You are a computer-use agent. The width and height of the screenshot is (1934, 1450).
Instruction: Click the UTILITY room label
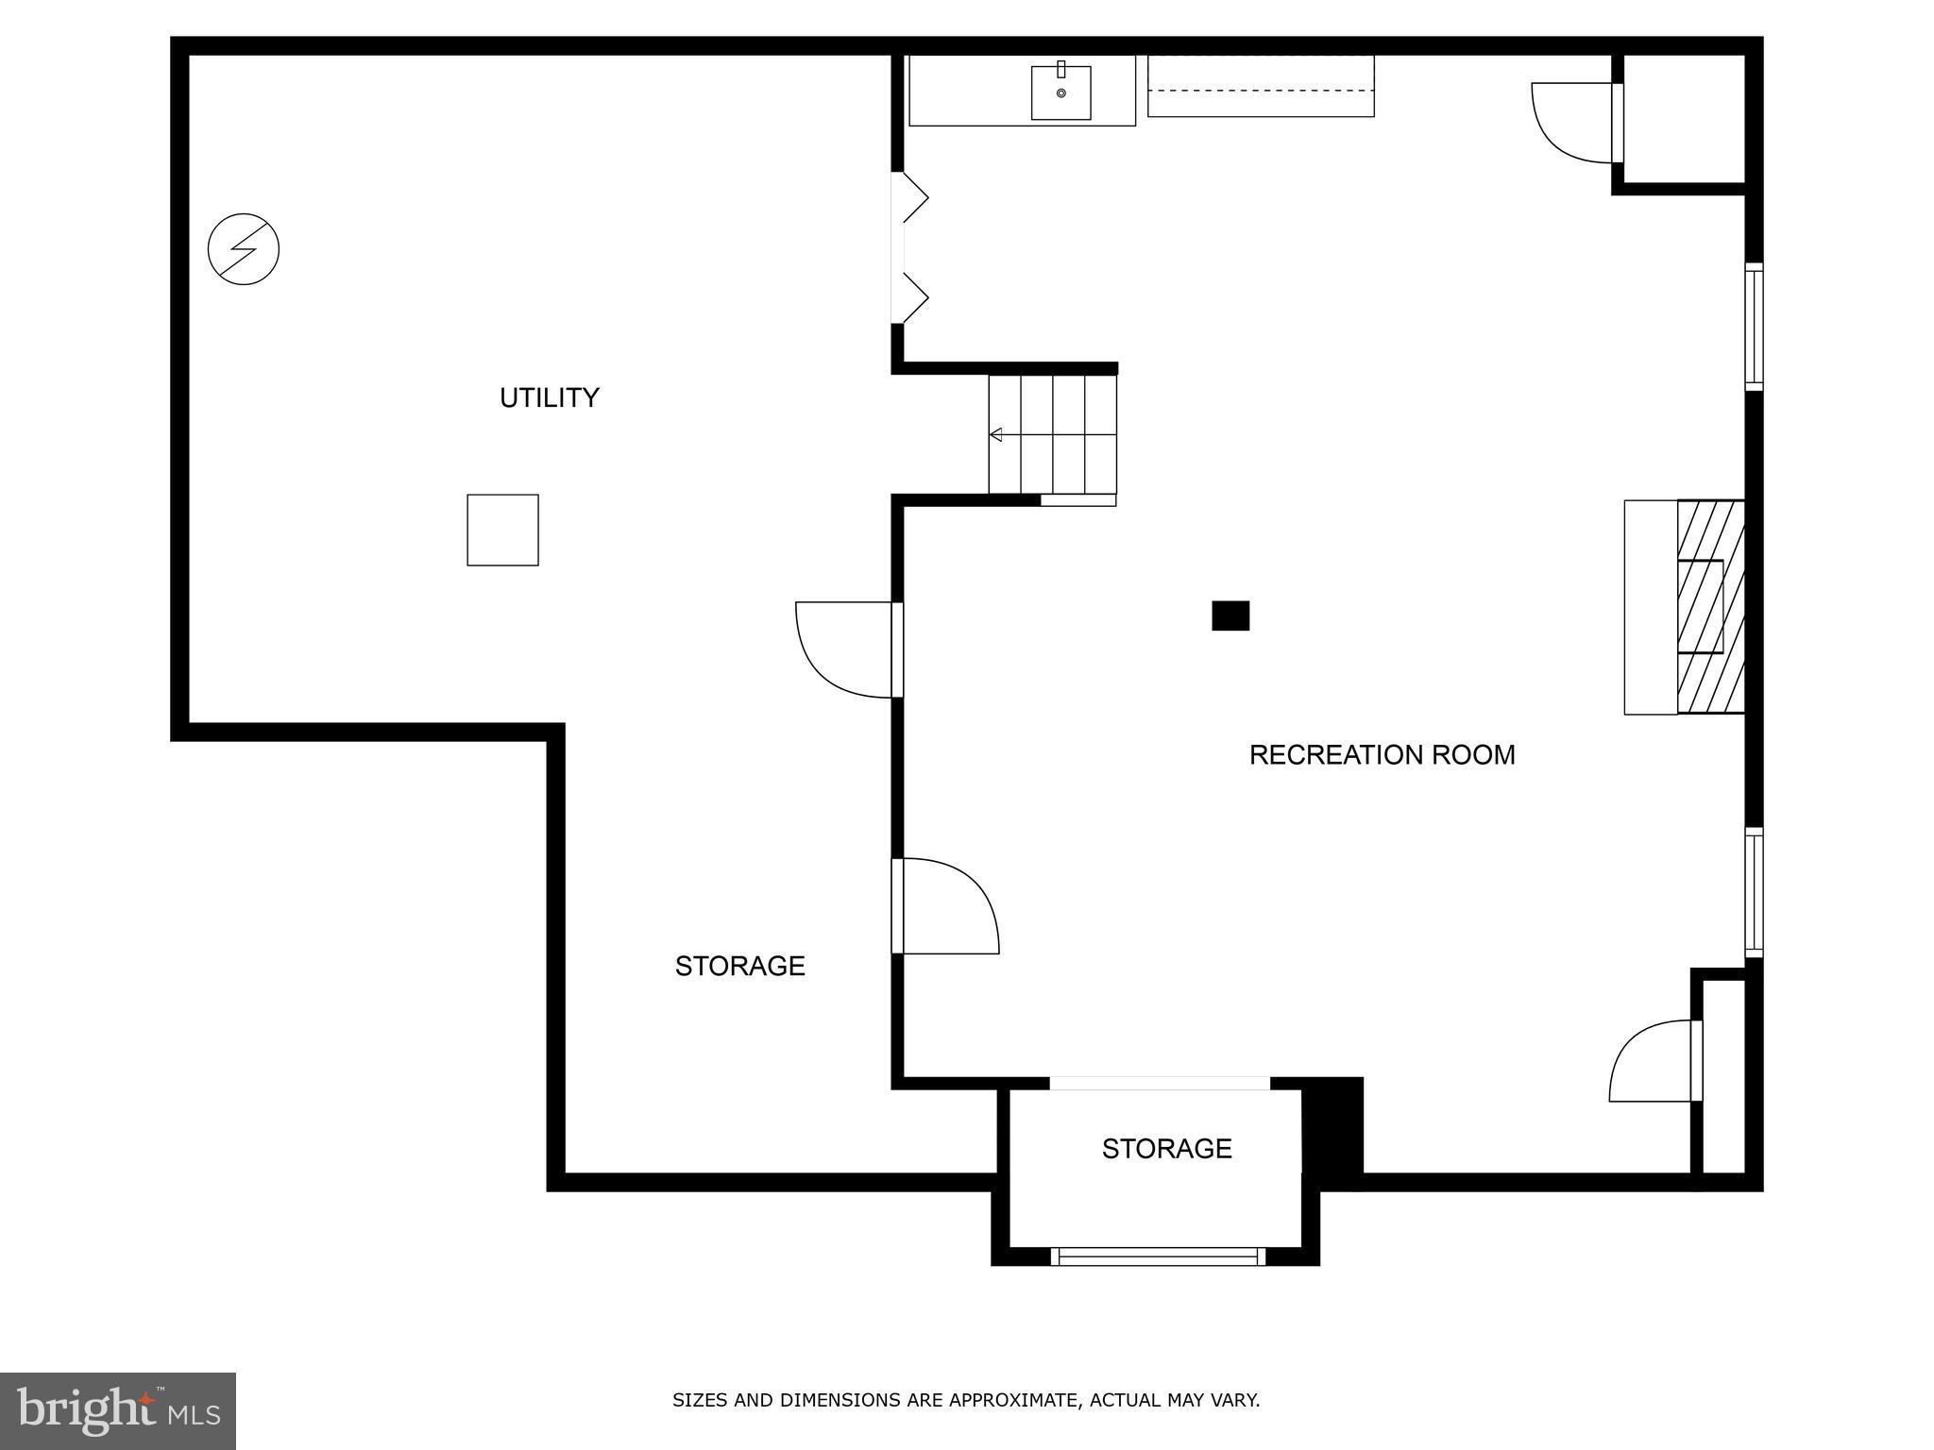[549, 397]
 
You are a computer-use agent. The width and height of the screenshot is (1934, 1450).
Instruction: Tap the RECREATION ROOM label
[1382, 755]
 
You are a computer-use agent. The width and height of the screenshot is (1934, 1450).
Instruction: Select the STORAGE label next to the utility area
[739, 966]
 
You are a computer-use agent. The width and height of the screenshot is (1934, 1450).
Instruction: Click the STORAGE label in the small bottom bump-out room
[1166, 1149]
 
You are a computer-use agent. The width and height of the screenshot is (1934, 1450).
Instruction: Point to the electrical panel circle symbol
[244, 249]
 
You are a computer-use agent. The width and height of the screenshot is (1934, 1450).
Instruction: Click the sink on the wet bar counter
[1060, 93]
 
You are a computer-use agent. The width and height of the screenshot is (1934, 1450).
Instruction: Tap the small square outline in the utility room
[502, 531]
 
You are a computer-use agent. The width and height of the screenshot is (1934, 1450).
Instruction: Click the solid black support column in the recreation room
[1230, 615]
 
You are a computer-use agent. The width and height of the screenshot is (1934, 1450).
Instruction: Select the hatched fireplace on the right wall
[1710, 606]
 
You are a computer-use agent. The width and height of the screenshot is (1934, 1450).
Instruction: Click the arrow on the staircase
[997, 435]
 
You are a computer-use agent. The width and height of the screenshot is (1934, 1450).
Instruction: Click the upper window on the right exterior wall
[1753, 327]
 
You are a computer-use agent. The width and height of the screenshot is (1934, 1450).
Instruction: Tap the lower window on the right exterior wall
[1753, 892]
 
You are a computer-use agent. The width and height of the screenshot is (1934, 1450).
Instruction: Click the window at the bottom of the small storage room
[1158, 1256]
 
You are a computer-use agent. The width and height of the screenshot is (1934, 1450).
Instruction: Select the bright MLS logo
[118, 1410]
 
